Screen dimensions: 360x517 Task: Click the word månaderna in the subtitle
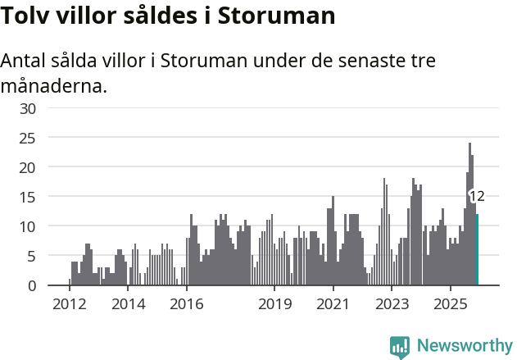54,85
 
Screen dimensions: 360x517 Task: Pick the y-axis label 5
32,256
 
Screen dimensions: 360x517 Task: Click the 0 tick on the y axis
32,285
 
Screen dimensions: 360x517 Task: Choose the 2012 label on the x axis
70,304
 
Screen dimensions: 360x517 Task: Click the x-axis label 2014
128,304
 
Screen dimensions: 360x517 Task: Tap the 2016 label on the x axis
187,304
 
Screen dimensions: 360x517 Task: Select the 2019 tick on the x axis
274,304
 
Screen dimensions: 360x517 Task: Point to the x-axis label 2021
333,304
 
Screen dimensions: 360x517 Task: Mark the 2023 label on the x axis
392,304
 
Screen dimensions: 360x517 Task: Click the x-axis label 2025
450,304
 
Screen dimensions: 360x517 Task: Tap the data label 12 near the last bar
477,196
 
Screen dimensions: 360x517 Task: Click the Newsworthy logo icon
400,346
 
